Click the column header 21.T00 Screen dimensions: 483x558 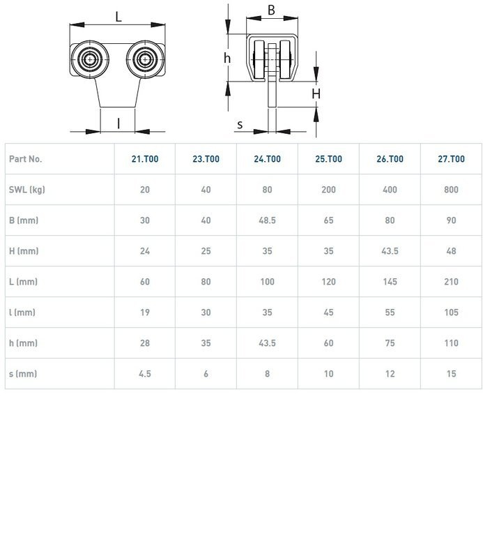coord(145,159)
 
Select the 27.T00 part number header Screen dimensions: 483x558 coord(451,159)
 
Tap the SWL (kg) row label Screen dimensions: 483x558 coord(27,190)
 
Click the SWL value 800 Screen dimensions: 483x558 coord(451,190)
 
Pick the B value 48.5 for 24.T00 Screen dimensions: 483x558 coord(267,220)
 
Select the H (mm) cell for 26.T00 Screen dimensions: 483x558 coord(390,251)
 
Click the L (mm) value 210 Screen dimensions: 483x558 coord(451,282)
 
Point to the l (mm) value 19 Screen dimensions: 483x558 coord(145,312)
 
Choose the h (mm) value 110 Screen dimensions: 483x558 coord(451,343)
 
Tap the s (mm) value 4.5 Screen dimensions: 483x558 coord(145,374)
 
